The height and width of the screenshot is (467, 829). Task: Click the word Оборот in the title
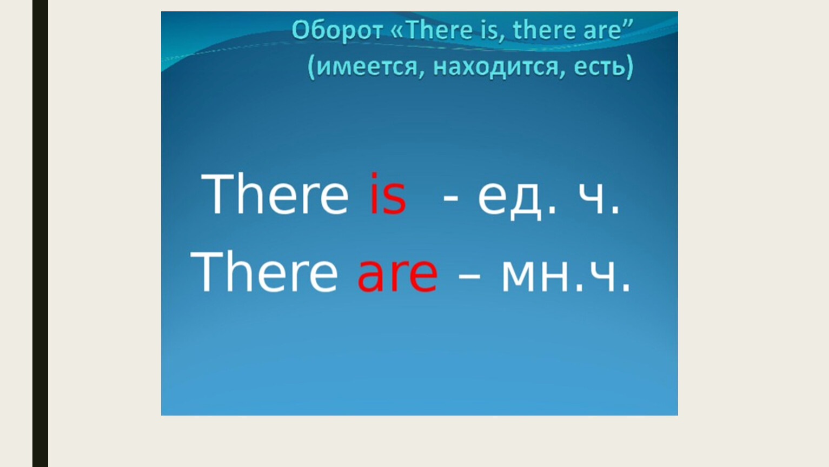pyautogui.click(x=337, y=31)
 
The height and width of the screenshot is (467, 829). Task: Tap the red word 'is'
pyautogui.click(x=388, y=193)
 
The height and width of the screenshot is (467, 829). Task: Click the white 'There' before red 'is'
pyautogui.click(x=275, y=193)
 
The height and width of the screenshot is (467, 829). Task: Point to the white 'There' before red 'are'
pyautogui.click(x=264, y=271)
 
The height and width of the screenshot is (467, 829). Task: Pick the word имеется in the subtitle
pyautogui.click(x=368, y=67)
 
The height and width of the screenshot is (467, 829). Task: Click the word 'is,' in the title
pyautogui.click(x=493, y=31)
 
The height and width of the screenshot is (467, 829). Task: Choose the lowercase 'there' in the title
pyautogui.click(x=545, y=30)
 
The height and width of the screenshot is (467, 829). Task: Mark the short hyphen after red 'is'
pyautogui.click(x=450, y=200)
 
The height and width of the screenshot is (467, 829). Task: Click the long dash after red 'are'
pyautogui.click(x=469, y=276)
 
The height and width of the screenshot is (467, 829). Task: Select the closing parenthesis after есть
pyautogui.click(x=629, y=67)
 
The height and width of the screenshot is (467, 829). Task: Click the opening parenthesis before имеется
pyautogui.click(x=311, y=67)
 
